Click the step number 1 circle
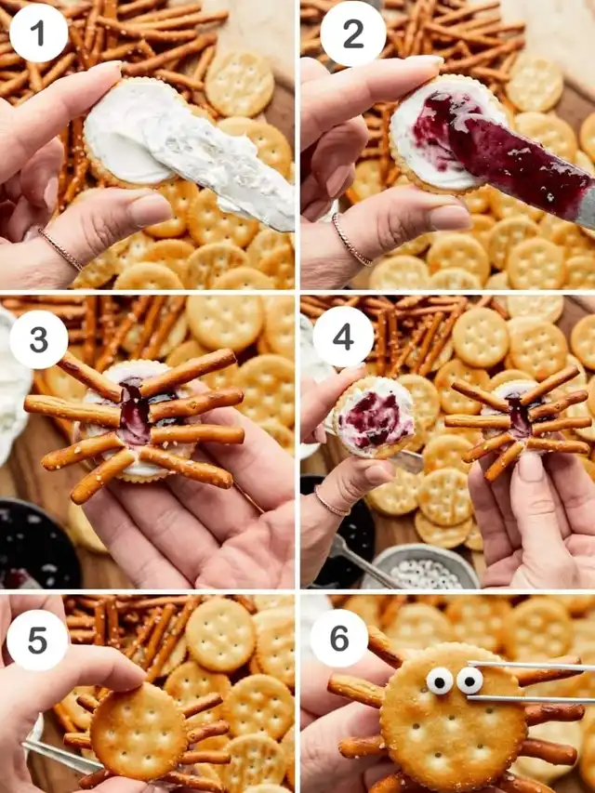click(x=38, y=33)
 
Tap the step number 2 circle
click(x=353, y=33)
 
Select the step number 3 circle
click(x=38, y=339)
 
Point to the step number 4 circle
click(x=343, y=337)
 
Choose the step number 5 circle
click(x=37, y=640)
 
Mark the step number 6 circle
click(x=339, y=638)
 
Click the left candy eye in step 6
click(x=439, y=681)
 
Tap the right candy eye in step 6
click(x=469, y=681)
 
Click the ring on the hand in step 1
click(x=60, y=249)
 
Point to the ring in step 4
click(x=331, y=502)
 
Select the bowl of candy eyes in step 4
click(x=421, y=566)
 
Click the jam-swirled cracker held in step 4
click(x=374, y=417)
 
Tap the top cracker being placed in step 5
click(x=139, y=732)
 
